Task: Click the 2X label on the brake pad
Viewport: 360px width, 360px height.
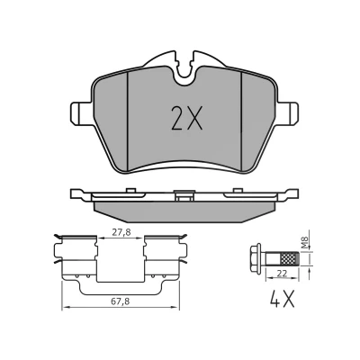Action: pos(186,118)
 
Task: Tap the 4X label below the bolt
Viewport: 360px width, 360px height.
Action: pos(283,299)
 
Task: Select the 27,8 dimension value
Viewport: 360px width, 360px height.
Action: pos(121,232)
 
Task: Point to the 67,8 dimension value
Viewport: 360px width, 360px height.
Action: pos(120,301)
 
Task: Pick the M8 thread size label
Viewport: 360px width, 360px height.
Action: pos(305,243)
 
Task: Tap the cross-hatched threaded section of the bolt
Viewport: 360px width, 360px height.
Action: pos(290,258)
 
